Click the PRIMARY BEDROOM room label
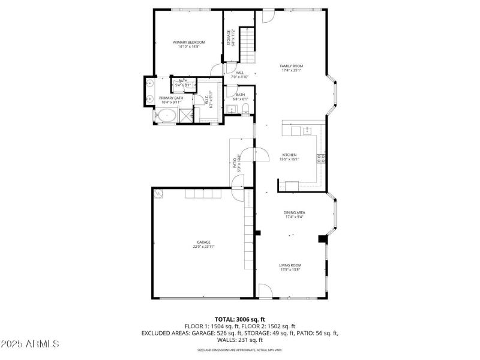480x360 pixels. (188, 42)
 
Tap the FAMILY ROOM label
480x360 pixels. (291, 65)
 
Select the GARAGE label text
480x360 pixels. (203, 242)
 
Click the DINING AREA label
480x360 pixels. (294, 212)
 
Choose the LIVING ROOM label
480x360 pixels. (290, 265)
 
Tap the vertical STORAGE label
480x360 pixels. (228, 37)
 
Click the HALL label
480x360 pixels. (239, 73)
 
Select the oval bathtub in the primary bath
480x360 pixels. (167, 115)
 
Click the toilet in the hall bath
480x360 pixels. (245, 108)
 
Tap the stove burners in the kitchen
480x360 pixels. (321, 159)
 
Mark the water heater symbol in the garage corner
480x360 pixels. (159, 194)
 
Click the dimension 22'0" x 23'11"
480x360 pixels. (203, 247)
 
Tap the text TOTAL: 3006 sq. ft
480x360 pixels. (239, 319)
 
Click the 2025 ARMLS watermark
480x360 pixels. (30, 344)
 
